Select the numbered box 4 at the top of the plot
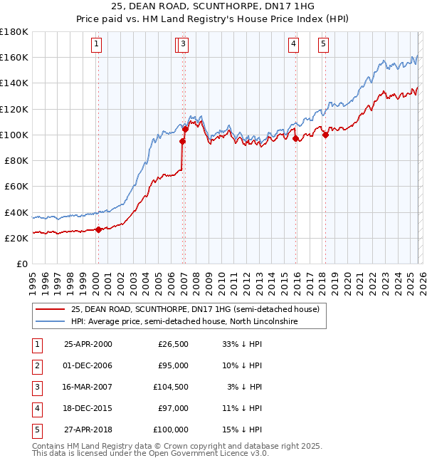[293, 44]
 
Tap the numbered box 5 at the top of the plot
[323, 44]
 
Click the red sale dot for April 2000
[98, 229]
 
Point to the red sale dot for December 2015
[295, 139]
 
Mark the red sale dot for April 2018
[325, 135]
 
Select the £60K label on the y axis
[16, 187]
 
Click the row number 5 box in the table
[36, 430]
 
